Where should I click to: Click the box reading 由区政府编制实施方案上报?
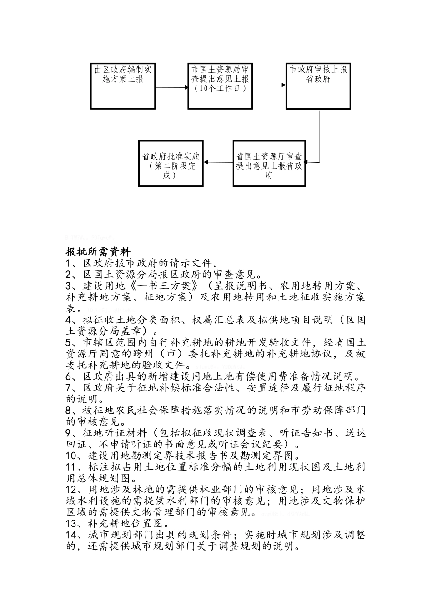tap(123, 86)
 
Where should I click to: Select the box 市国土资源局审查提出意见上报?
tap(220, 86)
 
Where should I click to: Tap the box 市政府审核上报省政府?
tap(318, 86)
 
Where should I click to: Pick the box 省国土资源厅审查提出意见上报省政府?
tap(269, 163)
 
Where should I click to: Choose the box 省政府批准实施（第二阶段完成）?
tap(171, 163)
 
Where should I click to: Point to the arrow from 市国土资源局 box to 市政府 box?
tap(269, 85)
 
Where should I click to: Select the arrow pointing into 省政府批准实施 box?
tap(218, 162)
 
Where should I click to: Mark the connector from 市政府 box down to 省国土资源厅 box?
tap(319, 136)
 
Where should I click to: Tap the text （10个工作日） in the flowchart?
tap(220, 89)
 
